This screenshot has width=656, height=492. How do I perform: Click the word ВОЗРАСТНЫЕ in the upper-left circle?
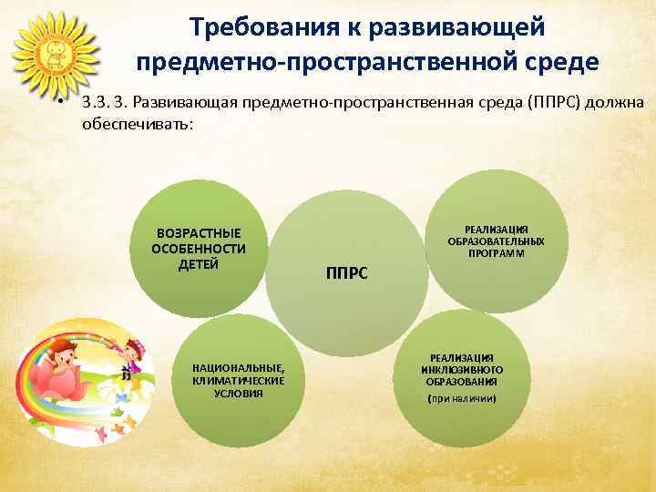point(199,233)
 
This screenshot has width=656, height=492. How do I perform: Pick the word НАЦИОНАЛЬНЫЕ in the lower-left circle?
point(239,368)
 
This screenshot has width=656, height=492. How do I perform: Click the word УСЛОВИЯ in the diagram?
point(239,393)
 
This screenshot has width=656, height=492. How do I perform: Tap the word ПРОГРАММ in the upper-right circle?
point(497,253)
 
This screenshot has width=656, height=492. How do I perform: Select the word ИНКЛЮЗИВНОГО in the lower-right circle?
point(462,370)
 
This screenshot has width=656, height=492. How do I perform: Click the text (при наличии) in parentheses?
point(462,399)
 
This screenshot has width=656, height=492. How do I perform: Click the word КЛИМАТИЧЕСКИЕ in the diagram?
point(239,380)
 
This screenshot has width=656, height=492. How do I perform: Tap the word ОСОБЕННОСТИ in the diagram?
point(199,249)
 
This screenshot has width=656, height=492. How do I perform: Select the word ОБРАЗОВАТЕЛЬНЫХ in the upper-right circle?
point(497,241)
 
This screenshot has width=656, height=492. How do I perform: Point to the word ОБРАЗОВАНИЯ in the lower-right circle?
point(462,382)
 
